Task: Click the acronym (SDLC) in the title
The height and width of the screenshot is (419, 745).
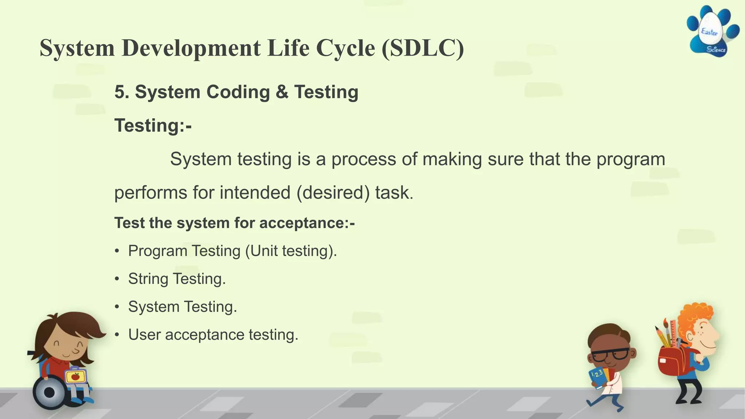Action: coord(423,48)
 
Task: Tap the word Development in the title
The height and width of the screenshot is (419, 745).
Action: coord(191,48)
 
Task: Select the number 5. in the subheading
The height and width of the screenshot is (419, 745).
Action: coord(122,92)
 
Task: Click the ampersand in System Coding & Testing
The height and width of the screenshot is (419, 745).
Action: coord(282,92)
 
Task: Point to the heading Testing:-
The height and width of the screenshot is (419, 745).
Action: coord(153,126)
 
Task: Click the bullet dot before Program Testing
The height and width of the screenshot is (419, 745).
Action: coord(117,251)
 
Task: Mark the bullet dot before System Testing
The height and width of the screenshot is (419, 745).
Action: coord(117,307)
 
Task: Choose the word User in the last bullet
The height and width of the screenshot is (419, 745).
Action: coord(144,335)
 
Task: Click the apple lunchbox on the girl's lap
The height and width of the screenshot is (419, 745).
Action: coord(75,376)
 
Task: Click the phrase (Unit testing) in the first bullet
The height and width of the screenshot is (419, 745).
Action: coord(291,251)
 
